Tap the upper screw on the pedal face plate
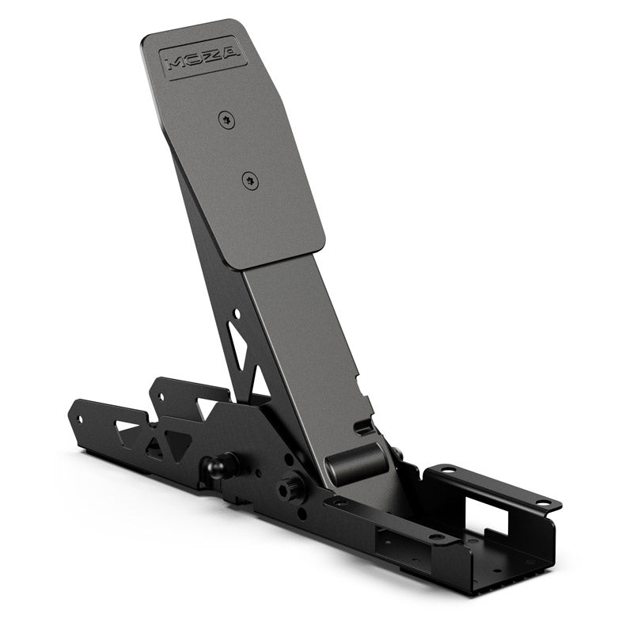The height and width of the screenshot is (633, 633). [x=228, y=119]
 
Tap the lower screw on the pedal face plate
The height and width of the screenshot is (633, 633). [x=250, y=180]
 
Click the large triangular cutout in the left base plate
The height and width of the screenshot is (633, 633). [x=175, y=443]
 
